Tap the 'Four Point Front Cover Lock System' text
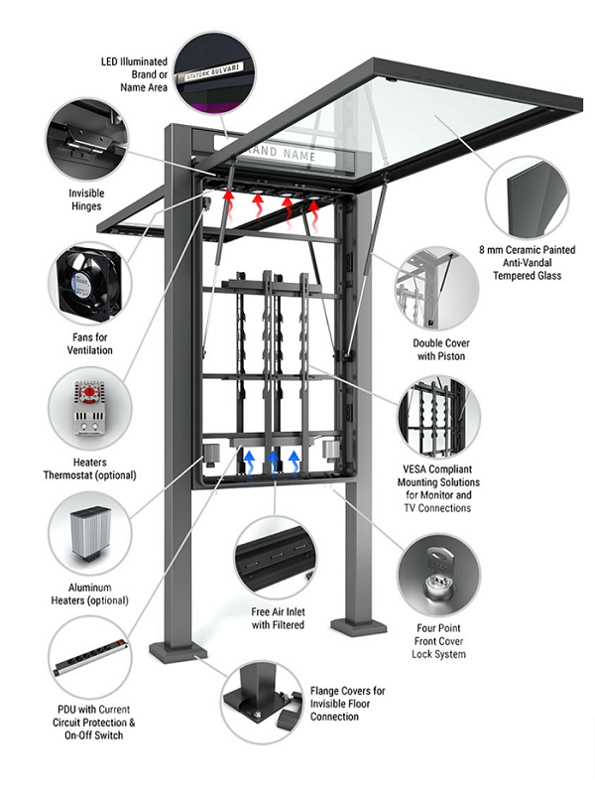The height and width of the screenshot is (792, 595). tap(435, 641)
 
